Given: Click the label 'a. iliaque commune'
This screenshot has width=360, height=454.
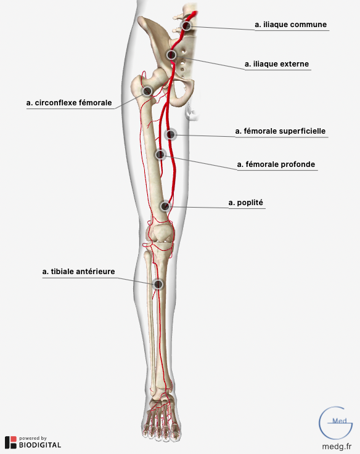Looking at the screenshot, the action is click(291, 25).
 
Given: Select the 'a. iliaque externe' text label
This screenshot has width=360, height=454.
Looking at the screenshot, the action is click(277, 64).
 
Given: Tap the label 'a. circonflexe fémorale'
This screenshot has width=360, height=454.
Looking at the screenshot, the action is click(69, 103).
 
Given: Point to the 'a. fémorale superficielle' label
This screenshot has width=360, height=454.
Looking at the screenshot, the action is click(280, 131).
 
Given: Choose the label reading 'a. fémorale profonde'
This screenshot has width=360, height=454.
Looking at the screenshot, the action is click(276, 164).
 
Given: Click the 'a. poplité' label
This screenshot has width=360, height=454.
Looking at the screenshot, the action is click(246, 203).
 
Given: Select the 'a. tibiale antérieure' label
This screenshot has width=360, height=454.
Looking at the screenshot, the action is click(78, 272).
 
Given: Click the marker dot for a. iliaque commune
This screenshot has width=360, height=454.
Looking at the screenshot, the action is click(186, 26).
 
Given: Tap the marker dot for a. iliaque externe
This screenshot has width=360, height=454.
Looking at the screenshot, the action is click(171, 55).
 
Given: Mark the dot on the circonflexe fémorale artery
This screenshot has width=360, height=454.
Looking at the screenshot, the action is click(147, 91).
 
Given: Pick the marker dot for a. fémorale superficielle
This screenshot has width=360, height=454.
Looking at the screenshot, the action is click(171, 135).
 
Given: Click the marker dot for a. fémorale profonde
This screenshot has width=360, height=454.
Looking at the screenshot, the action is click(160, 155).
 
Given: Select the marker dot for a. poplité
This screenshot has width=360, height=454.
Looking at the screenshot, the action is click(165, 206).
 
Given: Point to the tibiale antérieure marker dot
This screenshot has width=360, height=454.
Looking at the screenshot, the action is click(158, 285).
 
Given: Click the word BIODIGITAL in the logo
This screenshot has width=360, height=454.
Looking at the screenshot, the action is click(40, 445).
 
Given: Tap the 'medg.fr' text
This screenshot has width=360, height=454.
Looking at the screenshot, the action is click(337, 447).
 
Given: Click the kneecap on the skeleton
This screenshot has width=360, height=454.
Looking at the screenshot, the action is click(160, 233).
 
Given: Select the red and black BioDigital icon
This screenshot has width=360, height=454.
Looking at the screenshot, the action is click(10, 442).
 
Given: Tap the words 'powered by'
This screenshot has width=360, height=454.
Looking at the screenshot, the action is click(33, 439).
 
